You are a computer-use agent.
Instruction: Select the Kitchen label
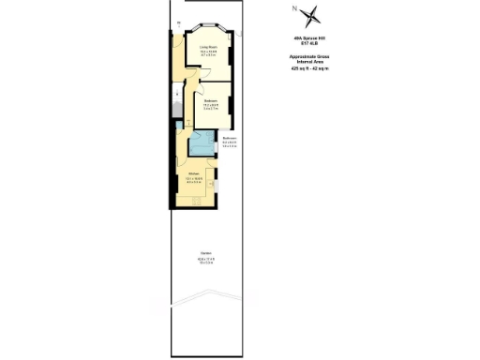[x=193, y=173]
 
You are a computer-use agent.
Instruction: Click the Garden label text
[x=205, y=255]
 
